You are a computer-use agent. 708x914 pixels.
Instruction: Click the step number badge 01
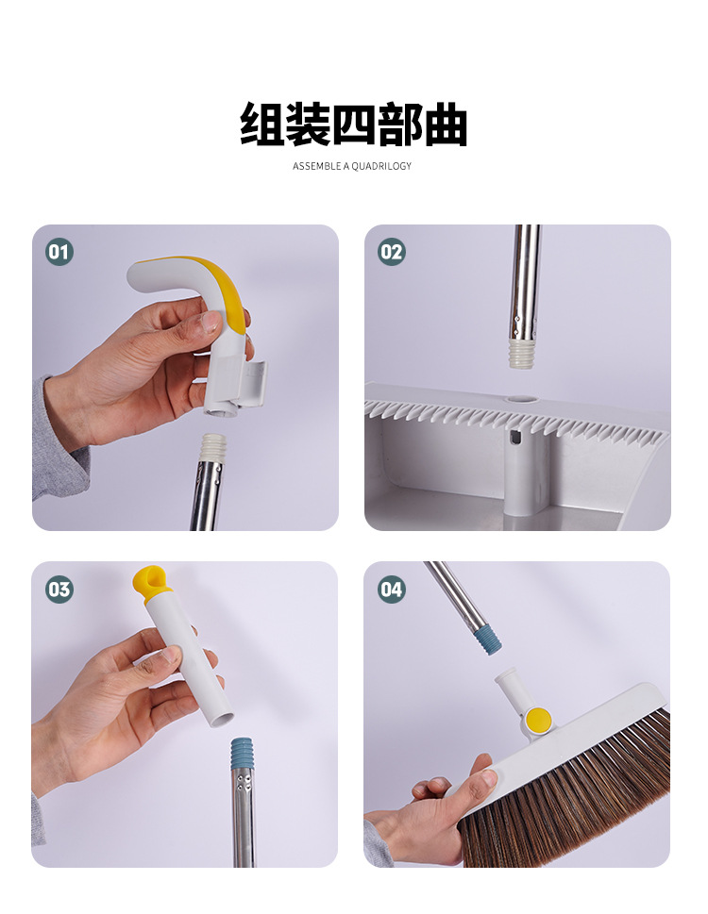(59, 252)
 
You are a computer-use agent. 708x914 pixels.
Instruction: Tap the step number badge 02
(392, 252)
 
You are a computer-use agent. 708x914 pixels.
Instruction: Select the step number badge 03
(59, 589)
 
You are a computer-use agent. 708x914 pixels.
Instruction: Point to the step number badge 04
(392, 589)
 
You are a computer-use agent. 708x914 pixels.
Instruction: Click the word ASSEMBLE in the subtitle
(316, 166)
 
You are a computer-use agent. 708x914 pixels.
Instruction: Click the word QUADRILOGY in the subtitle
(381, 166)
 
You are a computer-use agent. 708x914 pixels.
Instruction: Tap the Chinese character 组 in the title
(262, 125)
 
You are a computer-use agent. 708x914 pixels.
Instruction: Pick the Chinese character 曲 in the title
(446, 125)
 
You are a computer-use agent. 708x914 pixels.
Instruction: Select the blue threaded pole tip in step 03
(243, 754)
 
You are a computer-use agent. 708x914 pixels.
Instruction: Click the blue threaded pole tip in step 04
(486, 640)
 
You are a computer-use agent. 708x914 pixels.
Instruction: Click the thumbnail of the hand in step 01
(208, 322)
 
